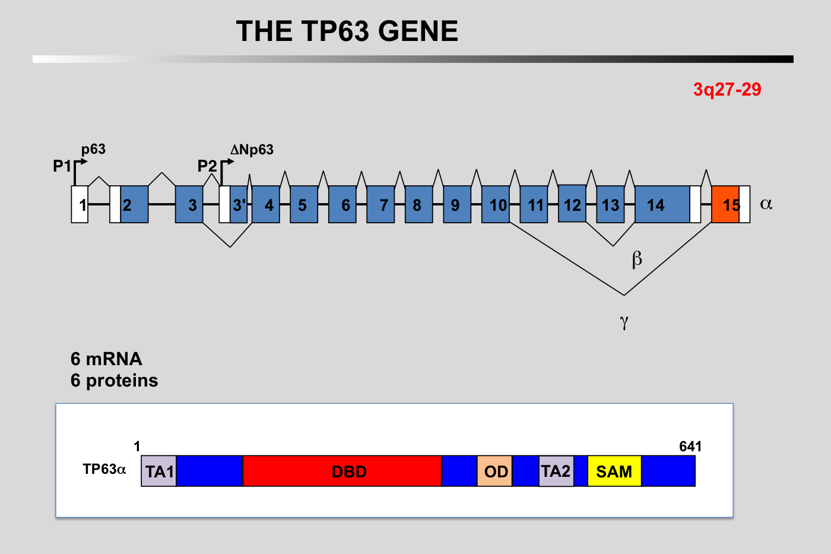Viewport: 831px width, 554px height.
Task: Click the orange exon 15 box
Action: [x=725, y=204]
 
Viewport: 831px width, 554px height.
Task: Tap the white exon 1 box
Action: [x=80, y=204]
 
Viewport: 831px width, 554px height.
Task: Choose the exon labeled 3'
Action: [x=239, y=204]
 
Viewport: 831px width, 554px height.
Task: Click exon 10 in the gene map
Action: [x=496, y=204]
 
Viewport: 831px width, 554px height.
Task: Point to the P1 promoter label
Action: [x=62, y=166]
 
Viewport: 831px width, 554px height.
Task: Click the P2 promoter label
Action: [x=207, y=166]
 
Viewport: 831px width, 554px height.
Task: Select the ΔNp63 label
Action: [x=252, y=150]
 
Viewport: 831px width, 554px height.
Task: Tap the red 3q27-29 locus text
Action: [x=727, y=90]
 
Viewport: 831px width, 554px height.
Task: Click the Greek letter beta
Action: [x=637, y=259]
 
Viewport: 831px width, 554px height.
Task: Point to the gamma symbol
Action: [x=624, y=321]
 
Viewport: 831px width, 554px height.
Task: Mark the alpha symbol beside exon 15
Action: [x=766, y=204]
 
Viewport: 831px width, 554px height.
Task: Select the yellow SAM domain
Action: [x=614, y=471]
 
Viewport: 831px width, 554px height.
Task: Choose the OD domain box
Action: [x=494, y=471]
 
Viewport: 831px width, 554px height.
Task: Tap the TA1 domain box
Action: [x=158, y=471]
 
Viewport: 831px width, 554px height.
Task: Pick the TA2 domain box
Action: [x=556, y=471]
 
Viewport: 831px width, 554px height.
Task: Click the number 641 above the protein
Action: [x=690, y=447]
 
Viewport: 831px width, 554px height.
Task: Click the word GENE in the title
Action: [x=418, y=31]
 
